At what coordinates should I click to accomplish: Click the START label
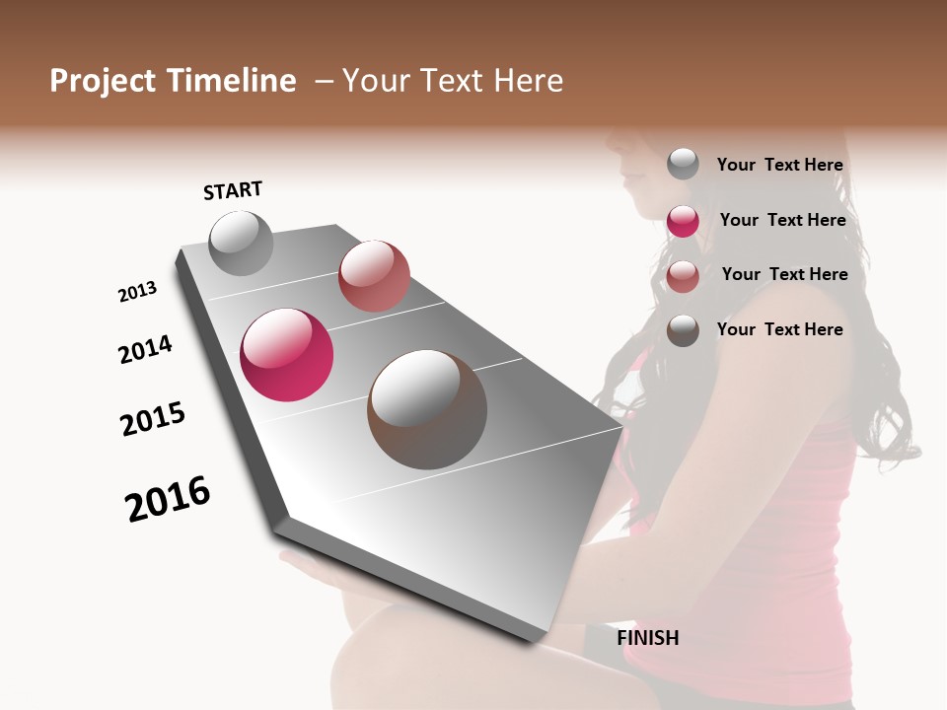(233, 190)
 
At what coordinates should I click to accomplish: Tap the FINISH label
(648, 638)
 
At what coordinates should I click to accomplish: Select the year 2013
(137, 292)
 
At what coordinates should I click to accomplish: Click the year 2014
(145, 349)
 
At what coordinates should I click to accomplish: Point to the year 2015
(153, 419)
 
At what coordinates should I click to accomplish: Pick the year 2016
(168, 499)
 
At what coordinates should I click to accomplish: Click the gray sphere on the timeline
(241, 243)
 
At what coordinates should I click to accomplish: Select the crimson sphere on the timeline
(287, 355)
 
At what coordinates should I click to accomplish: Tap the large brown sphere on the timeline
(427, 409)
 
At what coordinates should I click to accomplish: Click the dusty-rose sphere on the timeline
(374, 276)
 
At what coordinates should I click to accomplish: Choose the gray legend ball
(683, 164)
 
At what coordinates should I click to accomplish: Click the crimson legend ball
(683, 221)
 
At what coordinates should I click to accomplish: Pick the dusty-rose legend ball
(683, 276)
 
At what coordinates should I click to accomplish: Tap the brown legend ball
(683, 330)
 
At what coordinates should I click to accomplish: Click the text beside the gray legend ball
(779, 166)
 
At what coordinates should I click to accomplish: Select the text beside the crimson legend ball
(782, 220)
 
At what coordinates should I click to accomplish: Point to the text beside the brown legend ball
(779, 329)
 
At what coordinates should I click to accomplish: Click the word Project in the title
(103, 81)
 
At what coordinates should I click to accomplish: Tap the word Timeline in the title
(231, 81)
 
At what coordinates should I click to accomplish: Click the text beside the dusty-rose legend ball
(784, 274)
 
